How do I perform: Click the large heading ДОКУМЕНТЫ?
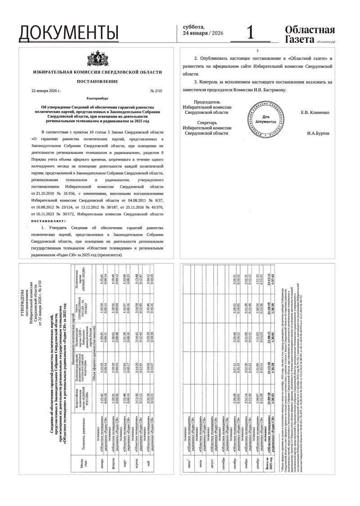(69, 33)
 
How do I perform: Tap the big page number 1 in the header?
(251, 32)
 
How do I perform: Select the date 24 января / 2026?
(203, 33)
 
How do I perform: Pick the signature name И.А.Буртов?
(318, 134)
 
